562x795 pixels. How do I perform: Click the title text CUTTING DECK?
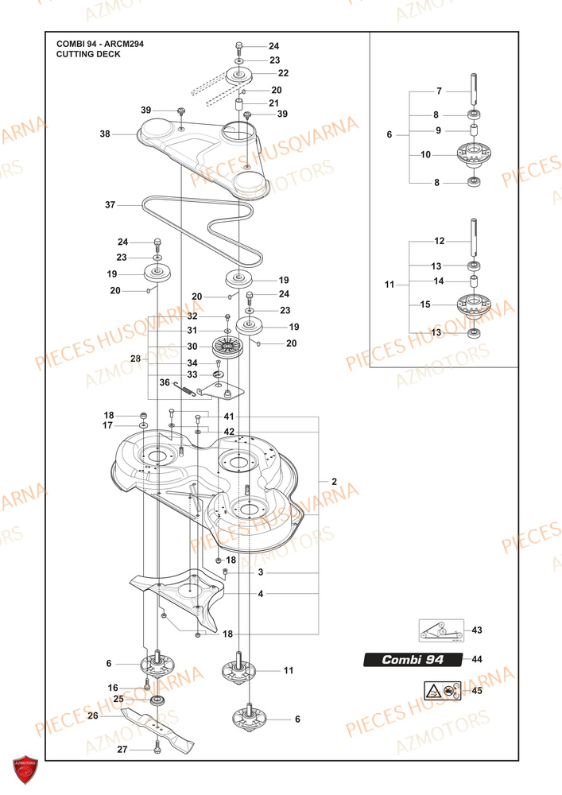tap(88, 55)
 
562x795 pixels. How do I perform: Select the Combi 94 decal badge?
tap(413, 660)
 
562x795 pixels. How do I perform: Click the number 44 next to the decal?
tap(477, 660)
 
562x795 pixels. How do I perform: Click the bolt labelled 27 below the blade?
tap(157, 748)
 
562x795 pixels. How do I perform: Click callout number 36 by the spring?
tap(165, 382)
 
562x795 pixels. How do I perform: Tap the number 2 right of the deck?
tap(334, 482)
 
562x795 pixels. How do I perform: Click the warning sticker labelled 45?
tap(440, 691)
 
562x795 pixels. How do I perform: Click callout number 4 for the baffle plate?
tap(261, 593)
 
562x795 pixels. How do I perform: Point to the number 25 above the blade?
tap(118, 699)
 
